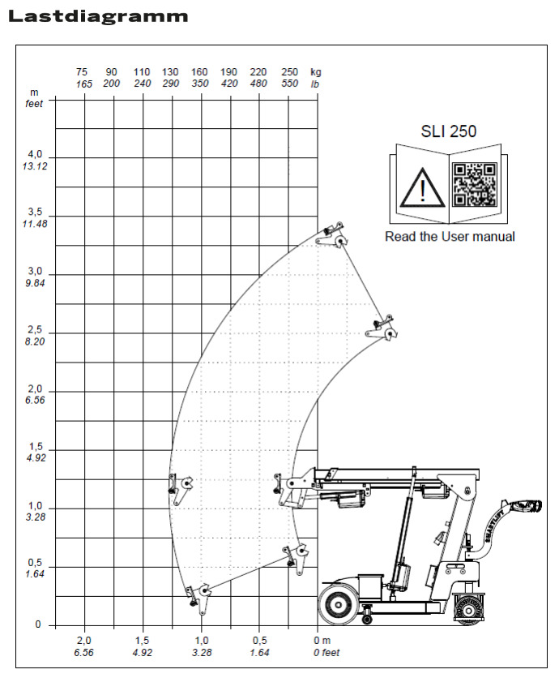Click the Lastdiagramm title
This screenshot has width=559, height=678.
(98, 16)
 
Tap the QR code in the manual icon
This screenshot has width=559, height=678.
(474, 184)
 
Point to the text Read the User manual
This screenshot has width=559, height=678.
(450, 237)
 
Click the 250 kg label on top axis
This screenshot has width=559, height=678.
(289, 72)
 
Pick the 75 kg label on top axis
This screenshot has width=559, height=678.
(83, 72)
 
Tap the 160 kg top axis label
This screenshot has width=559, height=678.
(200, 72)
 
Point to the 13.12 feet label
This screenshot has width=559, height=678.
(35, 166)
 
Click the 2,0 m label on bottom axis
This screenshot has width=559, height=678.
(84, 641)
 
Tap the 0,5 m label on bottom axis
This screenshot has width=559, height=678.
(260, 641)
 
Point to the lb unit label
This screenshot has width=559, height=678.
(315, 84)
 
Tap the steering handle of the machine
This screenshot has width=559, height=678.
(518, 508)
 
